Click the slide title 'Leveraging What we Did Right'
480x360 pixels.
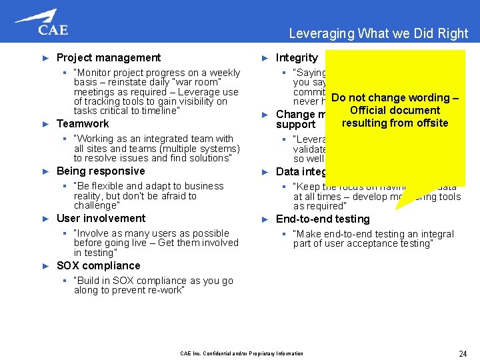coord(378,33)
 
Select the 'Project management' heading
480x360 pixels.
coord(108,58)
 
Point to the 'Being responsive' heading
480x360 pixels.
coord(100,171)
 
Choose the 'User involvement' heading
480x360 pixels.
coord(101,219)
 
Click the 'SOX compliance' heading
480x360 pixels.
coord(98,266)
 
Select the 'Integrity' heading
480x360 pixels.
coord(297,58)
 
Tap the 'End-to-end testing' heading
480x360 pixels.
coord(323,219)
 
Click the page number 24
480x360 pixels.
coord(463,353)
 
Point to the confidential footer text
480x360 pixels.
coord(241,353)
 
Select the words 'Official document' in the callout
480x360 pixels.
coord(395,111)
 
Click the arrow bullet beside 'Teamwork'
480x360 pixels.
coord(45,124)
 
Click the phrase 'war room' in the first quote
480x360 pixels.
coord(201,82)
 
